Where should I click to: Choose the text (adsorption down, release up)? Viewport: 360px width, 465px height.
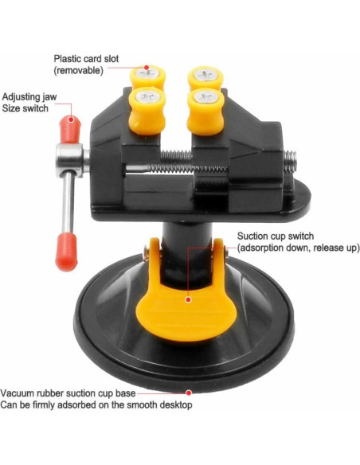tap(298, 248)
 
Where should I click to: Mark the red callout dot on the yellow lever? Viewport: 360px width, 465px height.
tap(189, 300)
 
